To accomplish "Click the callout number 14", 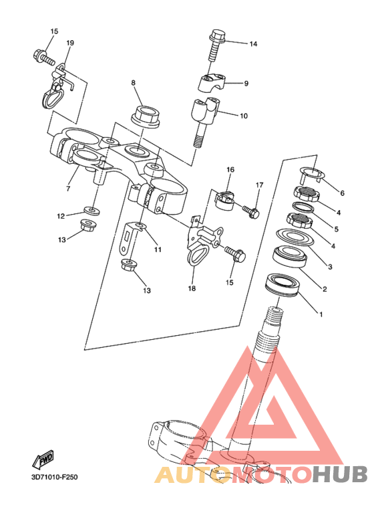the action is (x=253, y=44).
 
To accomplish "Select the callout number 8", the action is (x=134, y=83).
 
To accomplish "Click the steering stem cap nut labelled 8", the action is (x=145, y=116).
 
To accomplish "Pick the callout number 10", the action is (x=243, y=116).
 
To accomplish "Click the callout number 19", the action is (x=70, y=43).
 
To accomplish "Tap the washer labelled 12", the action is (x=91, y=210).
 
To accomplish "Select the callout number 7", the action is (x=68, y=189).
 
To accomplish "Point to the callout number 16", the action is (x=230, y=169).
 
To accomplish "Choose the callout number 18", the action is (x=192, y=288).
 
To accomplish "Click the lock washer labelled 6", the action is (x=311, y=175).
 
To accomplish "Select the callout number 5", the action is (x=336, y=229).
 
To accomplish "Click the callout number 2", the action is (x=325, y=290).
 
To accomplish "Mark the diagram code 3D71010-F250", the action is (x=55, y=477).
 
